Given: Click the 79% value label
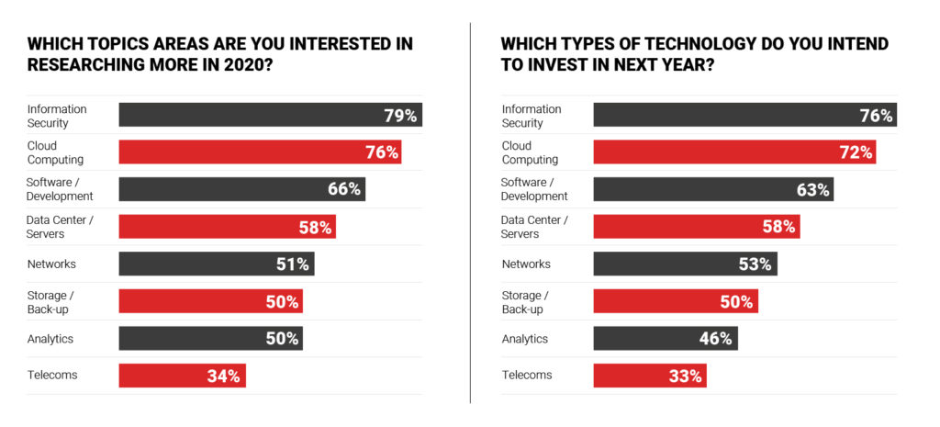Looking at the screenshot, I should [399, 116].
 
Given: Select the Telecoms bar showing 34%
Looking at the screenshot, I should [182, 376].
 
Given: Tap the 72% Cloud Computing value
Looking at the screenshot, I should [855, 152].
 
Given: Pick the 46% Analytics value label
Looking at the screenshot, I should [715, 339].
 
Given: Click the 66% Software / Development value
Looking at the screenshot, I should [345, 189].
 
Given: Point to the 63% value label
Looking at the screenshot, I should [812, 190].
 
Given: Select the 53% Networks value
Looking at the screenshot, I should [756, 264].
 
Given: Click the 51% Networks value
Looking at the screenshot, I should [294, 264].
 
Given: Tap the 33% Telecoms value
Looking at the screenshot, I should [685, 376].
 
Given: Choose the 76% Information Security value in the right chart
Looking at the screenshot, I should [876, 116].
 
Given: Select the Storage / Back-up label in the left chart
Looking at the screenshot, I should [47, 302].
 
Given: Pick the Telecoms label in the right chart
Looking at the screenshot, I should [527, 376].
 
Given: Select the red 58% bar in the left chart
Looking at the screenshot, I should [227, 227].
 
